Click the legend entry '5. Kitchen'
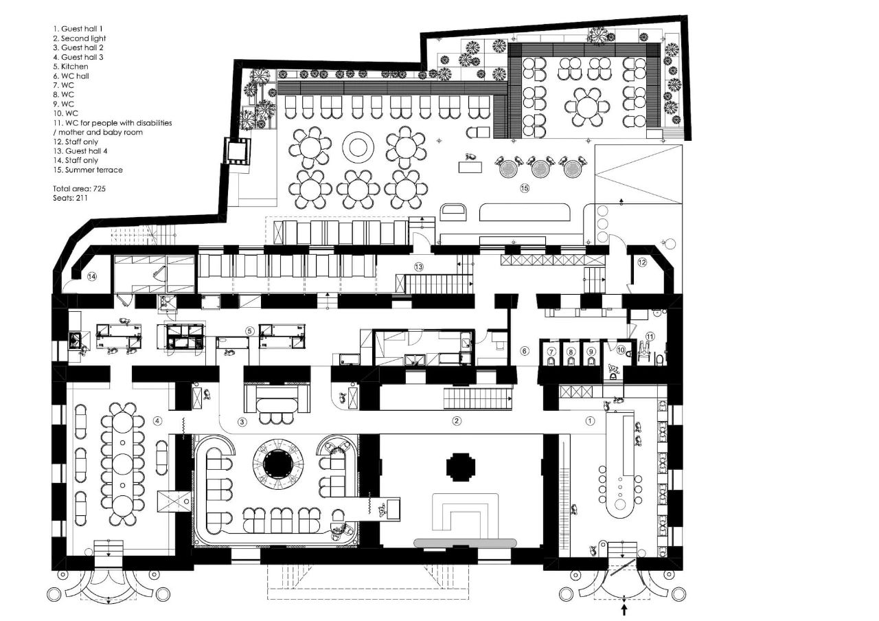[71, 67]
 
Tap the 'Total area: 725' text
[79, 188]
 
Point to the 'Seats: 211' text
[70, 198]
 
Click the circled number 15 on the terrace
[525, 188]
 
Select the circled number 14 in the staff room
[92, 275]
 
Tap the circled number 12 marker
[641, 262]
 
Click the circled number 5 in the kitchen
[251, 330]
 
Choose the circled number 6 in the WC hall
[525, 351]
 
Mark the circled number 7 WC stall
[551, 351]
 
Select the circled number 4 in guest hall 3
[157, 421]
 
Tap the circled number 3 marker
[242, 421]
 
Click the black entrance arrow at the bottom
[624, 609]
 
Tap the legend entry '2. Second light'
[79, 38]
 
